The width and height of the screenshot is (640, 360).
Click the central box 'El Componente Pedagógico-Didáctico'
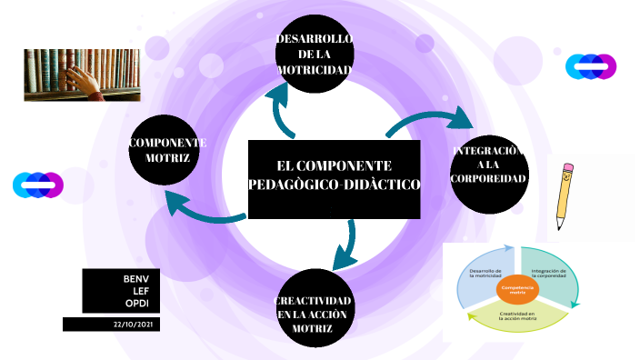(334, 178)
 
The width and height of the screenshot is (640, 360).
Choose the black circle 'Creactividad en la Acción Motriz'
(314, 313)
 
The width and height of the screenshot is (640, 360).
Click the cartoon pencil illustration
(565, 195)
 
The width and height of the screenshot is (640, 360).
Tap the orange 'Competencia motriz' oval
(517, 289)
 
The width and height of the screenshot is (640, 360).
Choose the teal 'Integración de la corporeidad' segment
(549, 273)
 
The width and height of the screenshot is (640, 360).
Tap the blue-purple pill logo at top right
(591, 66)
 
